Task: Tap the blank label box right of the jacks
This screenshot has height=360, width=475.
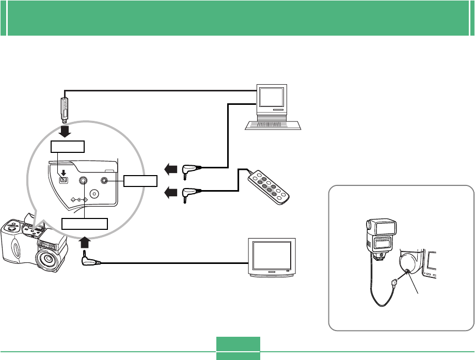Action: [x=140, y=180]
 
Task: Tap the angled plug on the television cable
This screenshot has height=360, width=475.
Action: [x=89, y=261]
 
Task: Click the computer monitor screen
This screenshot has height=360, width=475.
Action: [x=271, y=97]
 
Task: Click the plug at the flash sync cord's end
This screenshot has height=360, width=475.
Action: [x=395, y=282]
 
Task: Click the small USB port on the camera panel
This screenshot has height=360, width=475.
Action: [x=64, y=180]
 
